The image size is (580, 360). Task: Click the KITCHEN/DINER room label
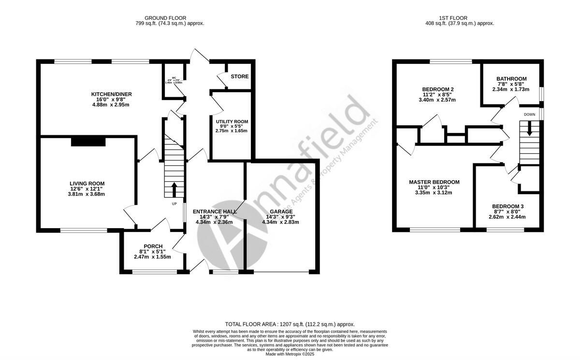click(112, 94)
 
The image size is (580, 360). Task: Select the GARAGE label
click(280, 212)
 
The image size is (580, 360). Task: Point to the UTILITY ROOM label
click(232, 120)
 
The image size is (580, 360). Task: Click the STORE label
click(239, 76)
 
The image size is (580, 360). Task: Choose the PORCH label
click(152, 246)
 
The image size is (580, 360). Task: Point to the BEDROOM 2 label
click(437, 89)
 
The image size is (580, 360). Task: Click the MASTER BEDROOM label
click(434, 182)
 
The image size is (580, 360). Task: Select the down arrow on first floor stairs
click(529, 129)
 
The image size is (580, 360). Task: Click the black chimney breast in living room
click(88, 141)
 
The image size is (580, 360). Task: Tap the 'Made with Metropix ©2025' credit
click(290, 354)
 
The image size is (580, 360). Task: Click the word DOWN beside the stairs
click(529, 115)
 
